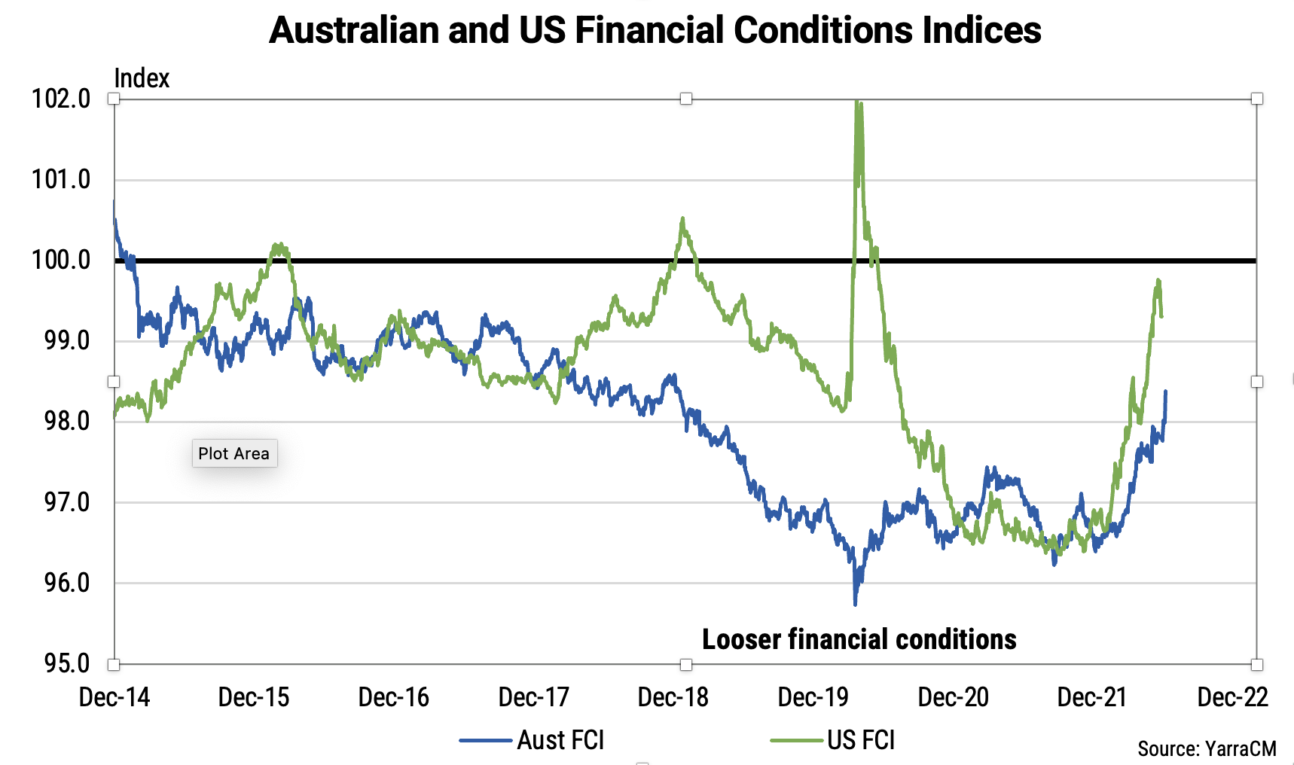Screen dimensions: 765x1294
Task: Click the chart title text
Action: click(655, 31)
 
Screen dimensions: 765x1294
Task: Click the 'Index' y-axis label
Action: click(142, 78)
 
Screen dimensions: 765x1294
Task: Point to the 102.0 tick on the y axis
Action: click(61, 99)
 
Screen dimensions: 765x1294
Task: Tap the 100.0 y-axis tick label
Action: click(61, 261)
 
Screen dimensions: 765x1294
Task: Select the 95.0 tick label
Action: click(66, 663)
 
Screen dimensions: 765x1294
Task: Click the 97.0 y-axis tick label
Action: click(66, 502)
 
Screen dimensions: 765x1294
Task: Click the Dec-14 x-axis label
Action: click(114, 697)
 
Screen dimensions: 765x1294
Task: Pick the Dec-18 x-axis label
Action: click(673, 697)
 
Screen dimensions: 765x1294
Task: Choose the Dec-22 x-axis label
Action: click(1232, 697)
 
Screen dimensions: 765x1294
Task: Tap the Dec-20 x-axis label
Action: click(953, 697)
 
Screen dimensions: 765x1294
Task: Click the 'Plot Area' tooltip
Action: click(234, 453)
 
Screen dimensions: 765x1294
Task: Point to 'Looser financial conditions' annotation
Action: click(859, 639)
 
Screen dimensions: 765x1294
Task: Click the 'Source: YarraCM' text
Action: click(1207, 748)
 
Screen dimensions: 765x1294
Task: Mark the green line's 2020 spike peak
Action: click(858, 102)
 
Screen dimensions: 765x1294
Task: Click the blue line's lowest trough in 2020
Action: click(855, 603)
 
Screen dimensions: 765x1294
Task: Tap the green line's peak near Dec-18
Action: click(682, 219)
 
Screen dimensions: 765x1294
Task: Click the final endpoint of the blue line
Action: click(1166, 391)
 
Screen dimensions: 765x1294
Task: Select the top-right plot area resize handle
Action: click(1256, 99)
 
